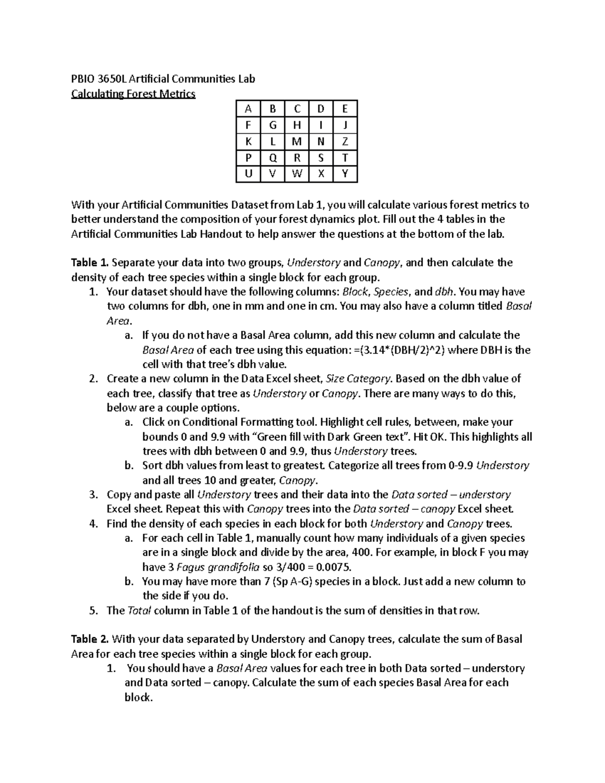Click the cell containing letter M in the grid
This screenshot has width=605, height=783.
coord(297,142)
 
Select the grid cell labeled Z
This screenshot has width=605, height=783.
coord(345,142)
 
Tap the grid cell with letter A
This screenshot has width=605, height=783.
coord(248,109)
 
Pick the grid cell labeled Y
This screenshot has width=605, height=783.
coord(345,174)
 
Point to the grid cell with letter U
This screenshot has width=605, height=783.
coord(248,174)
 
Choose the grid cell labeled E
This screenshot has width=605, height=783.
coord(345,109)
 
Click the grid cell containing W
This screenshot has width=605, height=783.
coord(297,174)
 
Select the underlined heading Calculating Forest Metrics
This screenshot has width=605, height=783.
coord(133,94)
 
